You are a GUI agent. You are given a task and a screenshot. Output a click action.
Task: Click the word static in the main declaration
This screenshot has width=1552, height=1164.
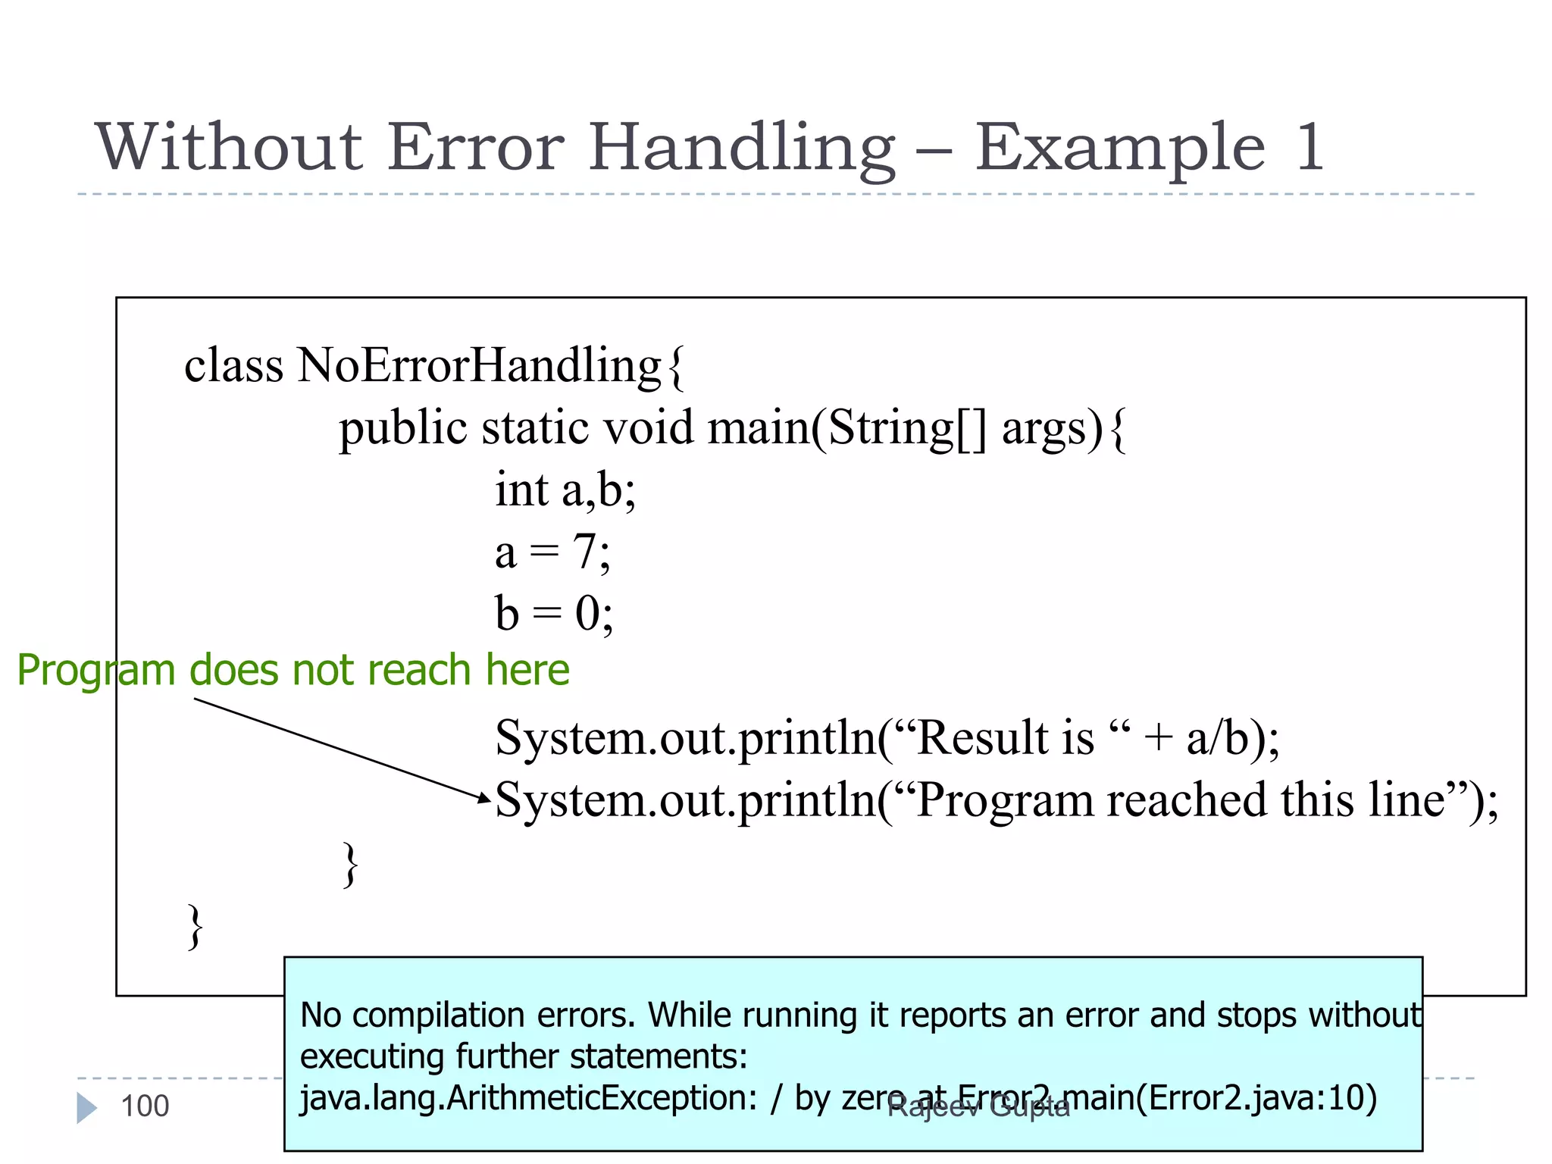click(x=534, y=427)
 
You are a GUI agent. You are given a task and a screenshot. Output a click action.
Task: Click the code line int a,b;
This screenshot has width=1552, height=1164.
click(x=565, y=490)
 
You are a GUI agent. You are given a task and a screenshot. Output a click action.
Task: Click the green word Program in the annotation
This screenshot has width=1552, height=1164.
click(x=96, y=671)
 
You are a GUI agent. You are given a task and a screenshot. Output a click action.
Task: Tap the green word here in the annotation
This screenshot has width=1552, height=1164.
click(x=527, y=670)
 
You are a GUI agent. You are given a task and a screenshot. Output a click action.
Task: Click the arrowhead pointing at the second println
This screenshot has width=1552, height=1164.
click(x=485, y=797)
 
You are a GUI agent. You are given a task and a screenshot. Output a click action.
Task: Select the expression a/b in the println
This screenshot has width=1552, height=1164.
click(x=1217, y=737)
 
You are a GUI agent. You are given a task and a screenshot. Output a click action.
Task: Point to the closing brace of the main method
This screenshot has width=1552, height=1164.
click(x=349, y=864)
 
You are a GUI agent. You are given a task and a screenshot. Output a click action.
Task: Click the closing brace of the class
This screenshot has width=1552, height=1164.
click(x=196, y=926)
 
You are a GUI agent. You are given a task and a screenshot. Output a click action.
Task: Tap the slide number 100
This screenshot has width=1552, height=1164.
click(x=145, y=1106)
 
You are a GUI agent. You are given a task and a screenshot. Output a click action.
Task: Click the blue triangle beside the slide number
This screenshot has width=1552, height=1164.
click(x=86, y=1107)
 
